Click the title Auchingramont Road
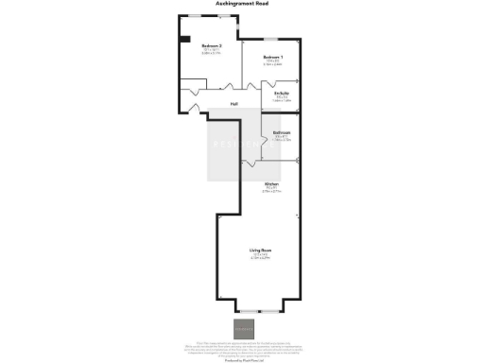coord(241,5)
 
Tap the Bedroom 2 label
coord(211,45)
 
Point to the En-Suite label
coord(282,94)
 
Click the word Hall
coord(233,103)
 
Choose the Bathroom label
coord(282,132)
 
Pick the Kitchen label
coord(271,183)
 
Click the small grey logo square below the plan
coord(242,330)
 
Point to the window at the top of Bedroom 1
coord(271,39)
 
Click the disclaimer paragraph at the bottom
coord(242,347)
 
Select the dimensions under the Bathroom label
coord(282,139)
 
